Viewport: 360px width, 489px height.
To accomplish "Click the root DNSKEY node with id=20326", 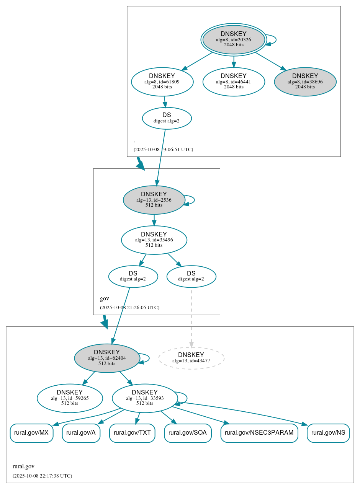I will pyautogui.click(x=234, y=39).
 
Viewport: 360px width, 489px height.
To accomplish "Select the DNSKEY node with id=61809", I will pyautogui.click(x=162, y=81).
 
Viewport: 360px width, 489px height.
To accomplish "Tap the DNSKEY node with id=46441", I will pyautogui.click(x=234, y=81).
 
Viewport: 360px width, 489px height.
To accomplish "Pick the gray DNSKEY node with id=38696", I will pyautogui.click(x=305, y=81).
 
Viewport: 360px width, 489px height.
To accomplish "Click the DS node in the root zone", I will pyautogui.click(x=167, y=118).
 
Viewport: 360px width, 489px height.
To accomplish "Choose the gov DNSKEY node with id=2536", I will pyautogui.click(x=154, y=200).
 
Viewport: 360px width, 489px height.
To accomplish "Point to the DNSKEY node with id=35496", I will pyautogui.click(x=154, y=240).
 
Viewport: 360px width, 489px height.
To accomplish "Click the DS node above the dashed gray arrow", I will pyautogui.click(x=191, y=276).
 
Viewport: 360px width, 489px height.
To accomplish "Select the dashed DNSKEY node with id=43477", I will pyautogui.click(x=191, y=358).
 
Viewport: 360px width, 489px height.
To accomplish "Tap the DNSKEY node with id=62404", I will pyautogui.click(x=107, y=358).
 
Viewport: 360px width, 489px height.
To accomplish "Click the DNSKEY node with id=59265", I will pyautogui.click(x=70, y=398).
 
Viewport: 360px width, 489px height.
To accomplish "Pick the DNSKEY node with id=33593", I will pyautogui.click(x=145, y=398).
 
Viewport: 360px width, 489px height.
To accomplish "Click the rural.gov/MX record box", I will pyautogui.click(x=31, y=433).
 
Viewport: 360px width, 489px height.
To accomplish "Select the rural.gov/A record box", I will pyautogui.click(x=81, y=433).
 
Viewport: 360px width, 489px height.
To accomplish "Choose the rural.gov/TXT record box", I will pyautogui.click(x=132, y=433).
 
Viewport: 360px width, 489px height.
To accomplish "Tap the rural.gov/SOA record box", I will pyautogui.click(x=188, y=433).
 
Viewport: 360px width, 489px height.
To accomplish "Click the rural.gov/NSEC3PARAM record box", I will pyautogui.click(x=259, y=433).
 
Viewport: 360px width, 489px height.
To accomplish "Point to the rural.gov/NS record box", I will pyautogui.click(x=328, y=433).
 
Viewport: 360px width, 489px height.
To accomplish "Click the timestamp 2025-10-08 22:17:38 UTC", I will pyautogui.click(x=42, y=476).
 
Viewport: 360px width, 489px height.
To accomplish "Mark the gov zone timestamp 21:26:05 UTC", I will pyautogui.click(x=129, y=308).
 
